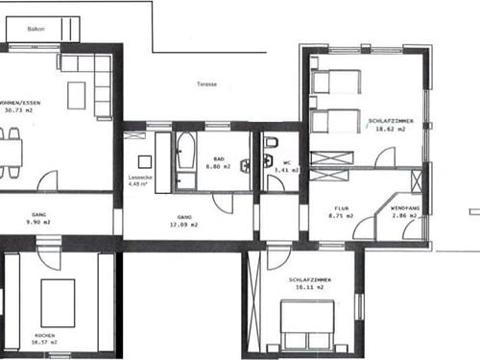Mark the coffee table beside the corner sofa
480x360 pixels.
click(76, 95)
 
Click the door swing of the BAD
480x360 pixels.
click(223, 204)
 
